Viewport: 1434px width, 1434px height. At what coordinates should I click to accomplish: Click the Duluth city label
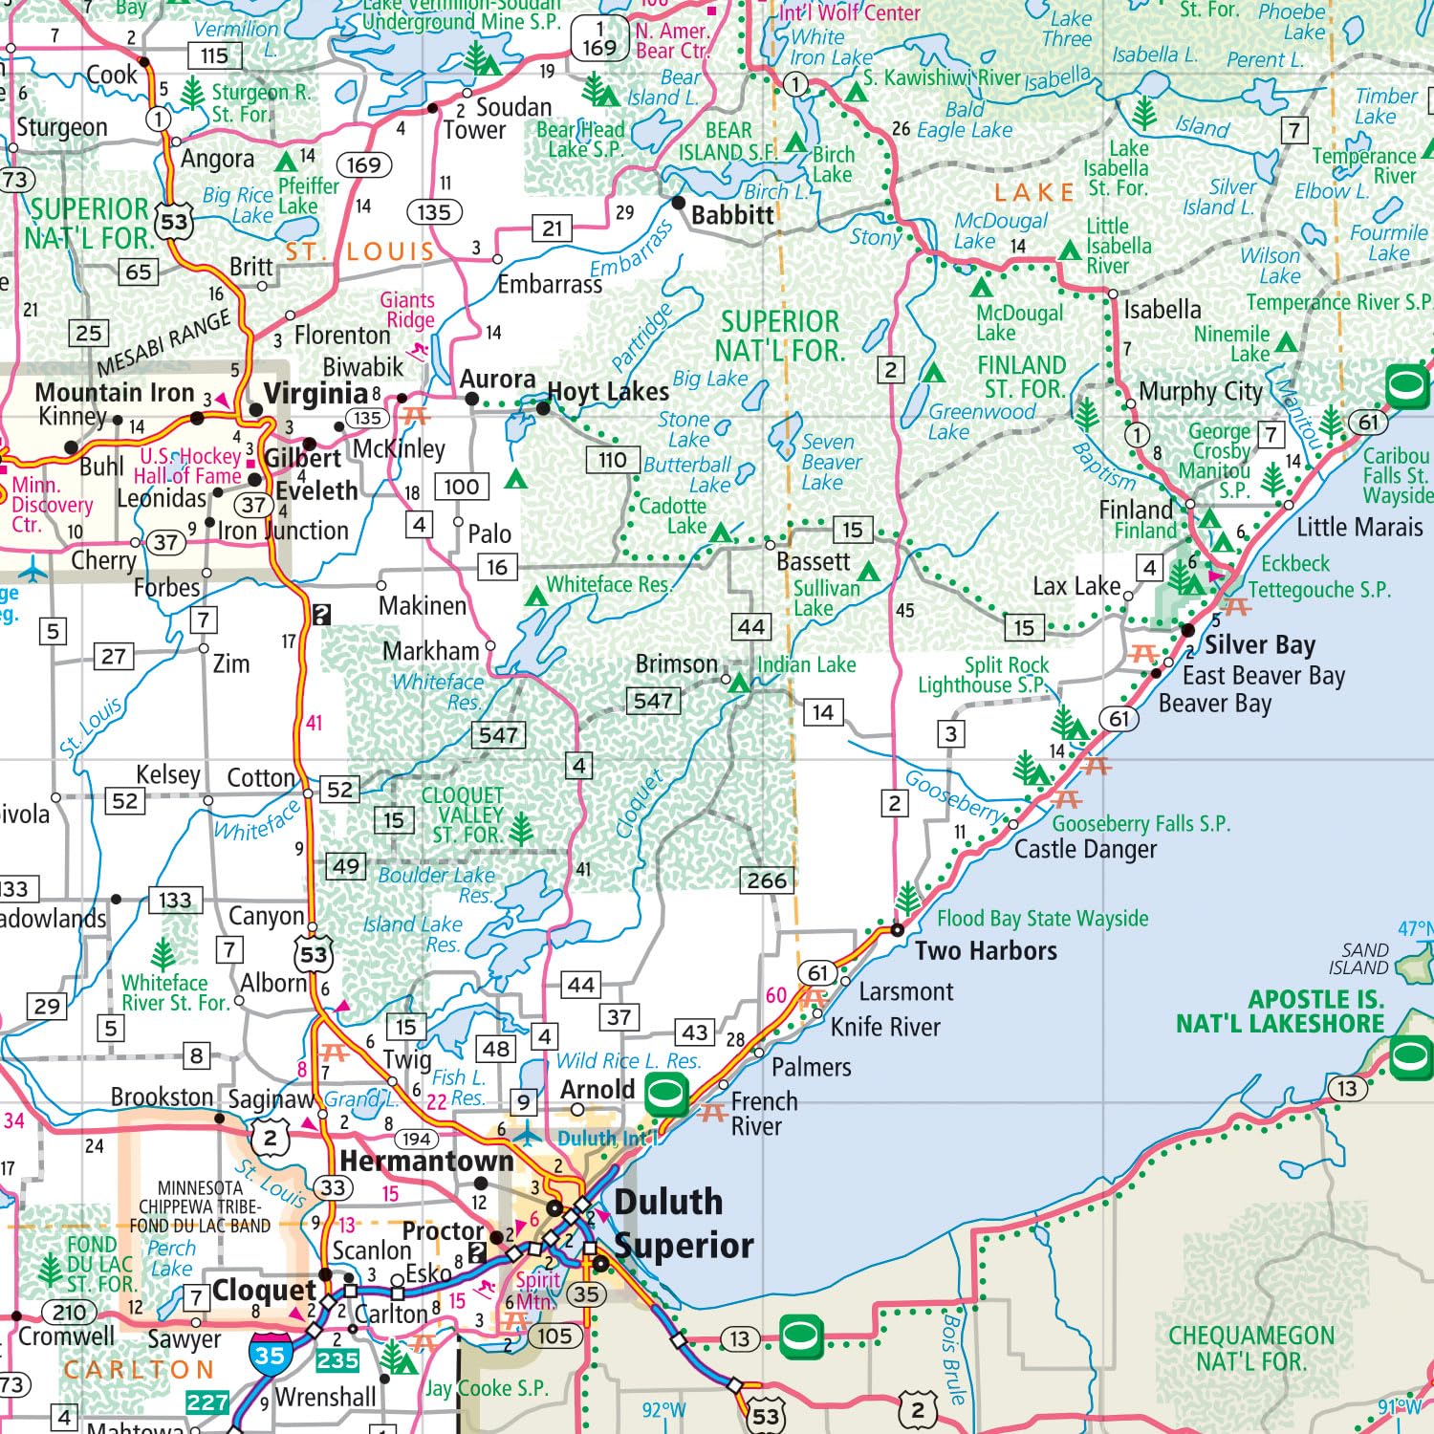tap(668, 1202)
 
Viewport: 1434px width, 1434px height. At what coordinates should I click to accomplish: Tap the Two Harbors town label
tap(986, 950)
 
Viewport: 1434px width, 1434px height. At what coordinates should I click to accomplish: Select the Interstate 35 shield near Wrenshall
tap(270, 1355)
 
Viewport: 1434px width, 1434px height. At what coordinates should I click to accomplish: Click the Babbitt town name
tap(732, 215)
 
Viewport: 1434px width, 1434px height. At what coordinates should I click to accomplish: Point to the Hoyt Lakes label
tap(608, 392)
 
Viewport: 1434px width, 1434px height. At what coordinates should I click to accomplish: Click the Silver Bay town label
tap(1259, 644)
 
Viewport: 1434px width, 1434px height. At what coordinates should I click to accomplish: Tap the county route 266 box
tap(767, 880)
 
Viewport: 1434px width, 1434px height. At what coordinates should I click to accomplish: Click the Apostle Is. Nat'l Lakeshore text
tap(1280, 1011)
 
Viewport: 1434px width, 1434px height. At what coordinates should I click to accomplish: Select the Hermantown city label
tap(426, 1161)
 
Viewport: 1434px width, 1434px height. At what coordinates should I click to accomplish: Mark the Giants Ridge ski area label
tap(409, 310)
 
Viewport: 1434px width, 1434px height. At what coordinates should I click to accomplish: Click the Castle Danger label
tap(1085, 849)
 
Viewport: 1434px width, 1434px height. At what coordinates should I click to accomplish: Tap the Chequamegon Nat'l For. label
tap(1250, 1348)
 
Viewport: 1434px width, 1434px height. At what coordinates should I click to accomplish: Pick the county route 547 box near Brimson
tap(653, 701)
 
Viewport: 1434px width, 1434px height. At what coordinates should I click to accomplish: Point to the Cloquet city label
tap(264, 1290)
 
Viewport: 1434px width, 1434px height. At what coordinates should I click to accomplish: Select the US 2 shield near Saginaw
tap(271, 1138)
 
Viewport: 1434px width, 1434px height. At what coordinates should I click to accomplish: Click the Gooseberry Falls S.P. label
tap(1141, 823)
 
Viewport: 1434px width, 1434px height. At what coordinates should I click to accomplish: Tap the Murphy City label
tap(1200, 391)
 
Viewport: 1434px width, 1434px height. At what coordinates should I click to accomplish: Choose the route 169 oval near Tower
tap(363, 165)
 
